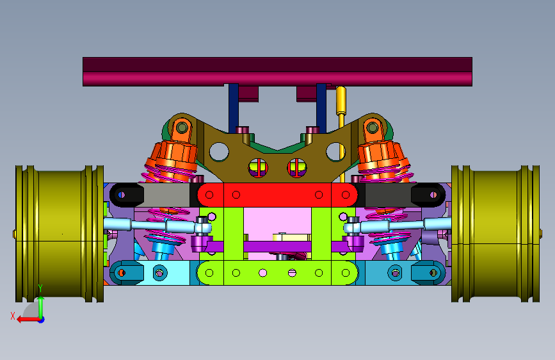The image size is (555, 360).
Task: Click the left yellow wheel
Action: click(60, 234)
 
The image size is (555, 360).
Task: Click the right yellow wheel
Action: click(495, 234)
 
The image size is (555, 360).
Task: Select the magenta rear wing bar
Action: click(278, 72)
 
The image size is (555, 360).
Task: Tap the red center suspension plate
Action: click(278, 195)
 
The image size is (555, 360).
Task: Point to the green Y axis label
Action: click(40, 288)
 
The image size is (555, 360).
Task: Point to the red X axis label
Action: click(13, 316)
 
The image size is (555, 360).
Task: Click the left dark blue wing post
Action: click(233, 108)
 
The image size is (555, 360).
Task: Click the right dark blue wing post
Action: click(321, 108)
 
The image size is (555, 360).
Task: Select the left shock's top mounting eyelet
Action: click(182, 127)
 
